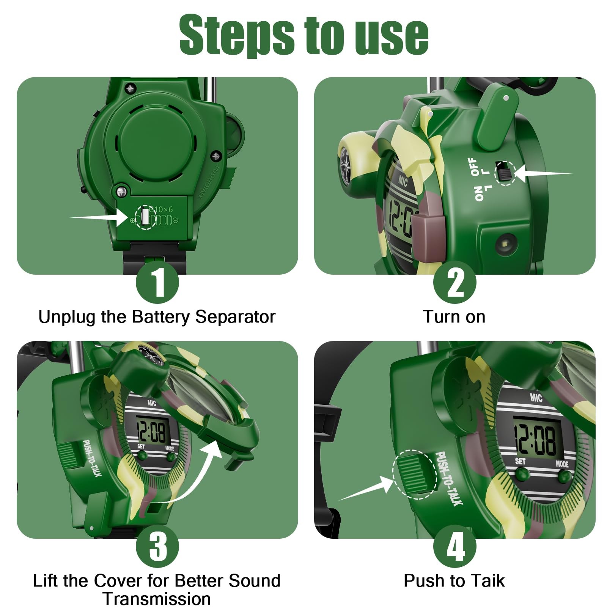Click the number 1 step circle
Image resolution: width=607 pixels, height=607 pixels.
point(157,282)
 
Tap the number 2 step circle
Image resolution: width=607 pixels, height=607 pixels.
point(454,282)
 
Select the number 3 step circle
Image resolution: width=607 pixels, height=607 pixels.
point(157,546)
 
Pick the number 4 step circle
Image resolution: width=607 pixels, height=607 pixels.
point(454,546)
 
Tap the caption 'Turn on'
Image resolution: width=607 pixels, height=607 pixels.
point(454,317)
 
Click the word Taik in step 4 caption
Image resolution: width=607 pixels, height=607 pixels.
point(486,581)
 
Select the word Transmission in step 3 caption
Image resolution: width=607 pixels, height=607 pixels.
point(157,599)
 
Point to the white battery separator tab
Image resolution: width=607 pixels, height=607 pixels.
point(145,217)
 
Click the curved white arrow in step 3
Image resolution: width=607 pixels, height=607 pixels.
point(190,474)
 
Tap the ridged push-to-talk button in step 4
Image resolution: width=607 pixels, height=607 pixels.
point(415,474)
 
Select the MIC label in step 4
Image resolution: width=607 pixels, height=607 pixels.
point(536,398)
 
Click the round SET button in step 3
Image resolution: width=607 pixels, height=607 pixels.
point(142,455)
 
